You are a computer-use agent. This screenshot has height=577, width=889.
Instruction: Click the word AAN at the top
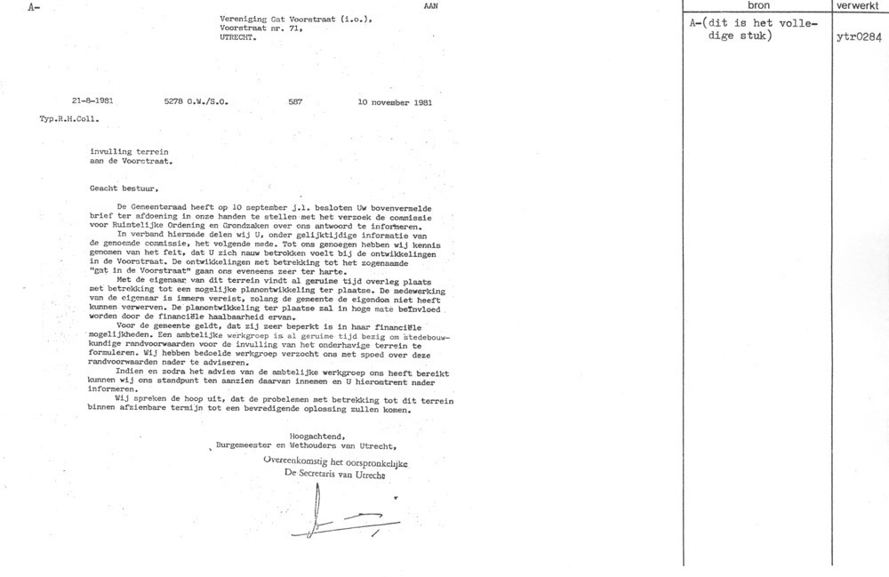tap(431, 5)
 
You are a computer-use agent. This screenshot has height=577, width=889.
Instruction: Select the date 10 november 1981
tap(395, 102)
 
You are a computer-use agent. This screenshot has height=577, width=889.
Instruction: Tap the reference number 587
tap(296, 102)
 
